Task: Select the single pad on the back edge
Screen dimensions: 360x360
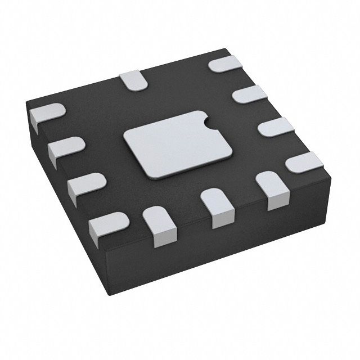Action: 133,80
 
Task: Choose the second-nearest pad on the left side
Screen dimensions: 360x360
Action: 86,184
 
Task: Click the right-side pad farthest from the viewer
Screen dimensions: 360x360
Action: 226,64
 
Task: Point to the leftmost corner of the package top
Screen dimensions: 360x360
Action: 26,101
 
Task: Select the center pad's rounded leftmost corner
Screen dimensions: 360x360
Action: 125,137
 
